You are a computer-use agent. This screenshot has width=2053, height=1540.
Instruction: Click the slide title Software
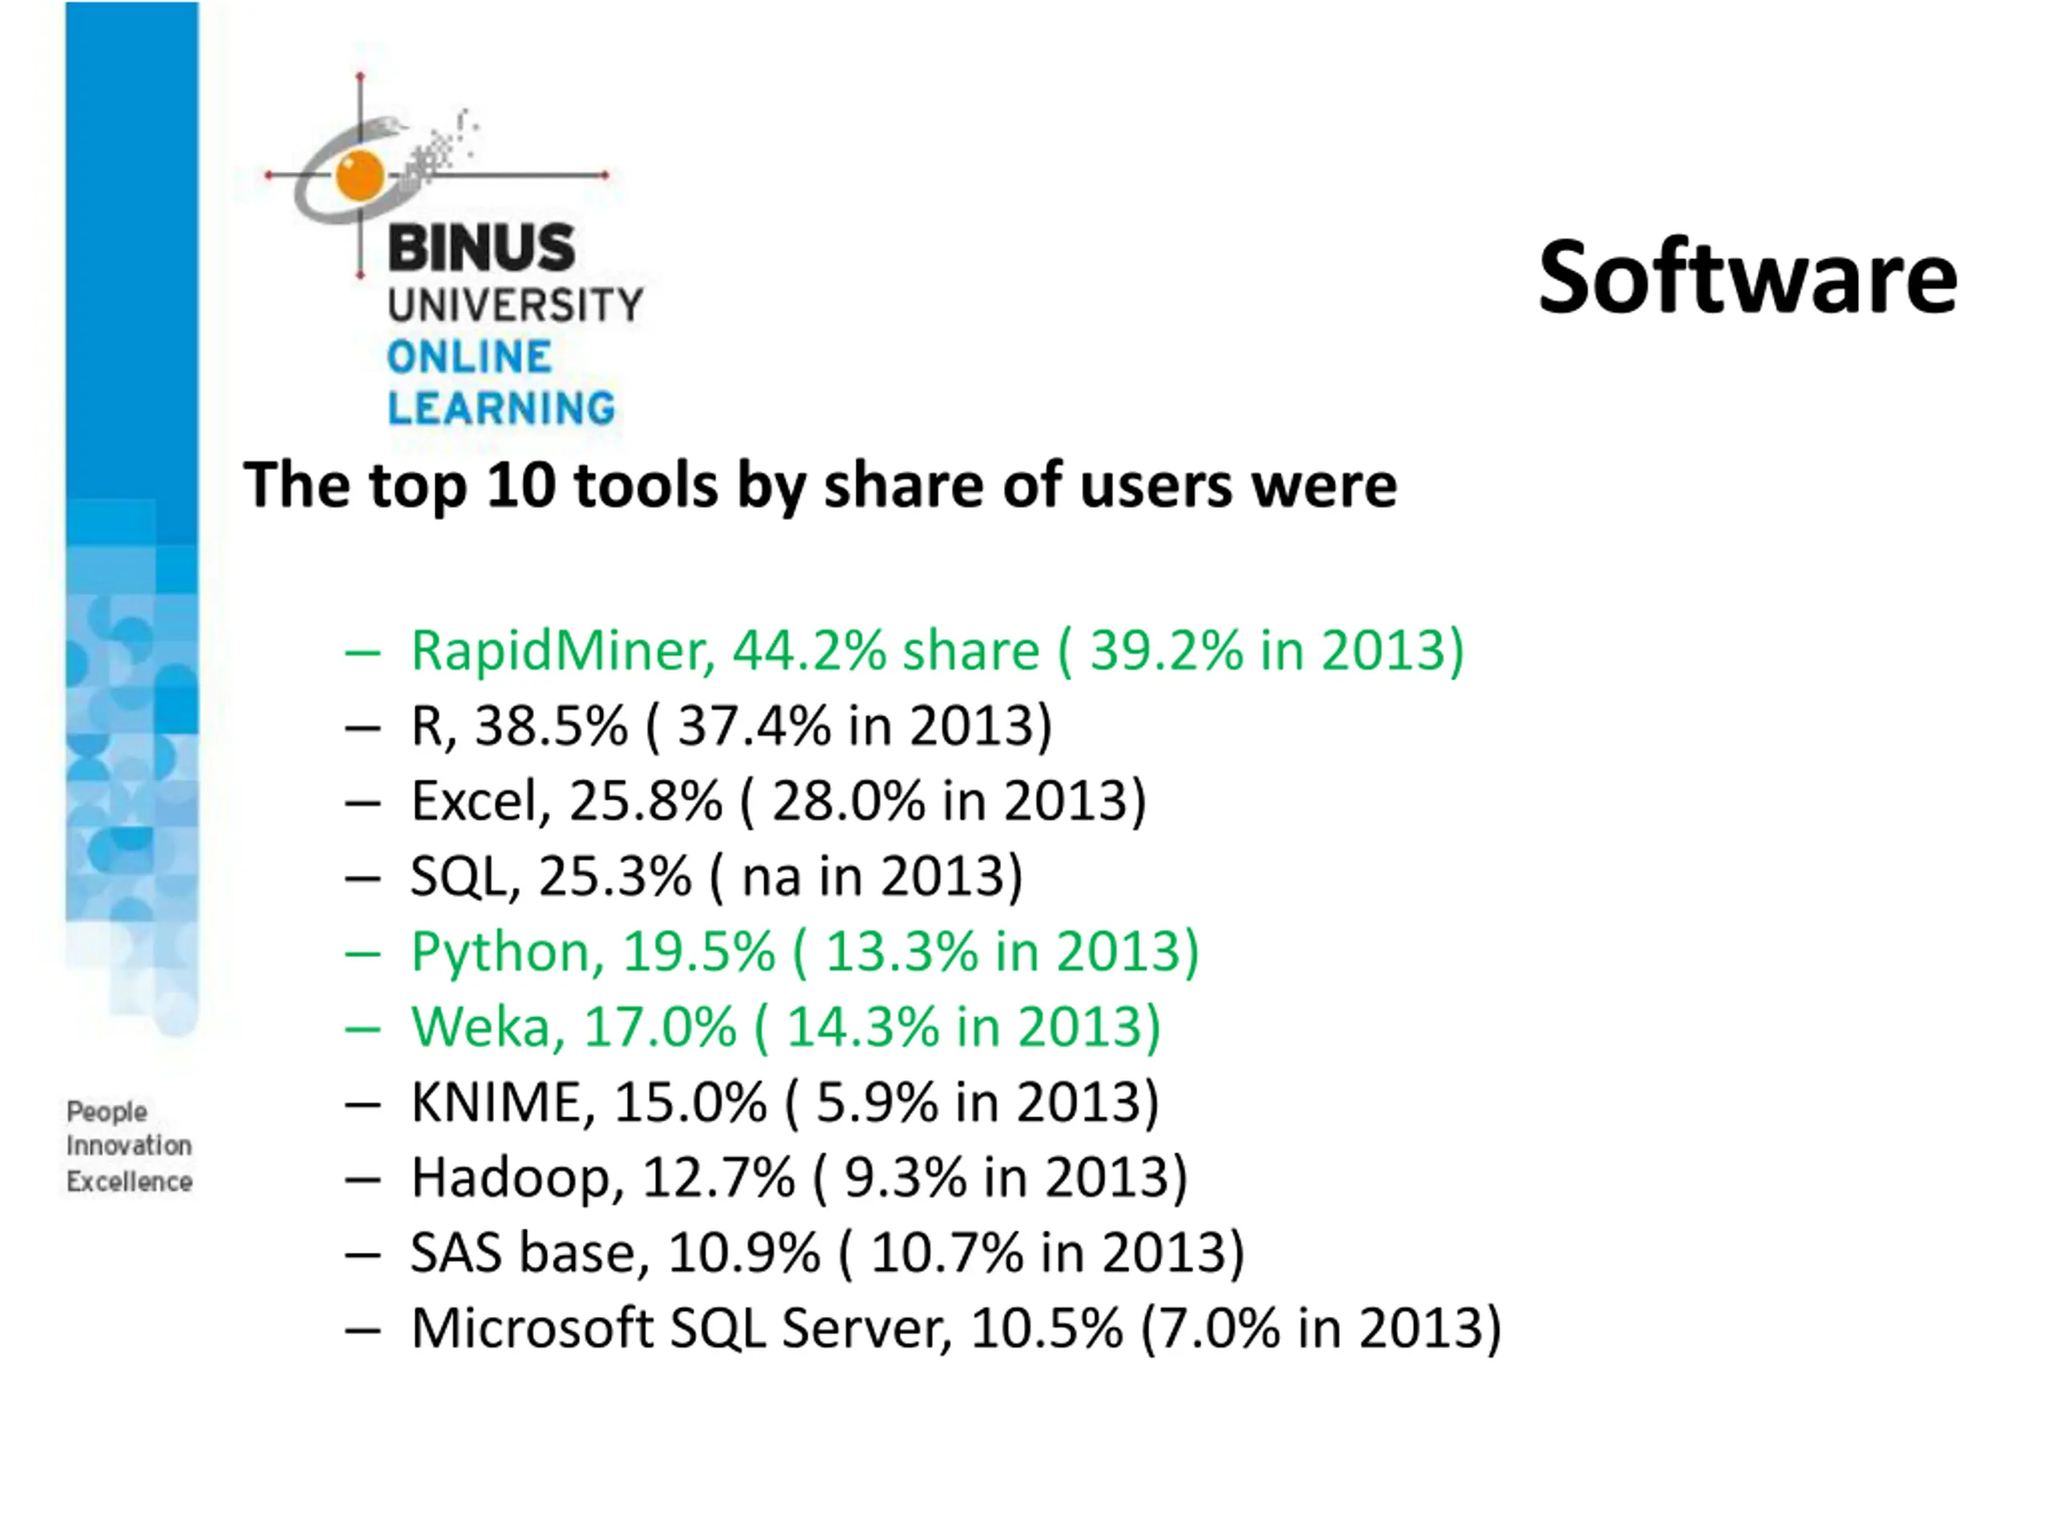point(1747,278)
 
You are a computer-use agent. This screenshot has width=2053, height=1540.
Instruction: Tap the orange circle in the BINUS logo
point(359,175)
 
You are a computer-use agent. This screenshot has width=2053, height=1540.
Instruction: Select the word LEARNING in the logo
point(501,408)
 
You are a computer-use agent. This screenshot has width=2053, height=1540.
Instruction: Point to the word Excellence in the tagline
point(129,1181)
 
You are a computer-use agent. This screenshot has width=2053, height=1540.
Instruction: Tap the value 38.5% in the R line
point(551,725)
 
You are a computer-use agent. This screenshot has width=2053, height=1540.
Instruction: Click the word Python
point(507,952)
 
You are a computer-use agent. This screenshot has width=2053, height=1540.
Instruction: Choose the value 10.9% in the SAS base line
point(743,1252)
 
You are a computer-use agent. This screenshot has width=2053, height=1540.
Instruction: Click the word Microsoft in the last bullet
point(532,1327)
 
